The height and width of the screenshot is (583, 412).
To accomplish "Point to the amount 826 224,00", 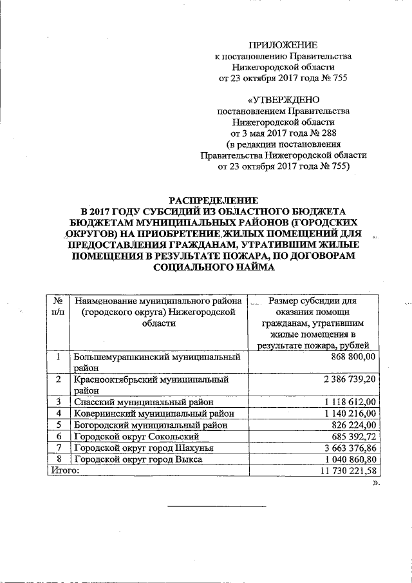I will (x=356, y=425).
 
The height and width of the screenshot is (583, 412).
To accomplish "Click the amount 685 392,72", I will (x=356, y=437).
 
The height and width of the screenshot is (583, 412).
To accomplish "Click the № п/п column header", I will (x=58, y=306).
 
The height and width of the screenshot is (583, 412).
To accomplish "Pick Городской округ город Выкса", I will (x=138, y=460).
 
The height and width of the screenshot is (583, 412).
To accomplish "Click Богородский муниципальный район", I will (x=152, y=425).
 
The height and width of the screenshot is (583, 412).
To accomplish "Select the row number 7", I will (x=59, y=448).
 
